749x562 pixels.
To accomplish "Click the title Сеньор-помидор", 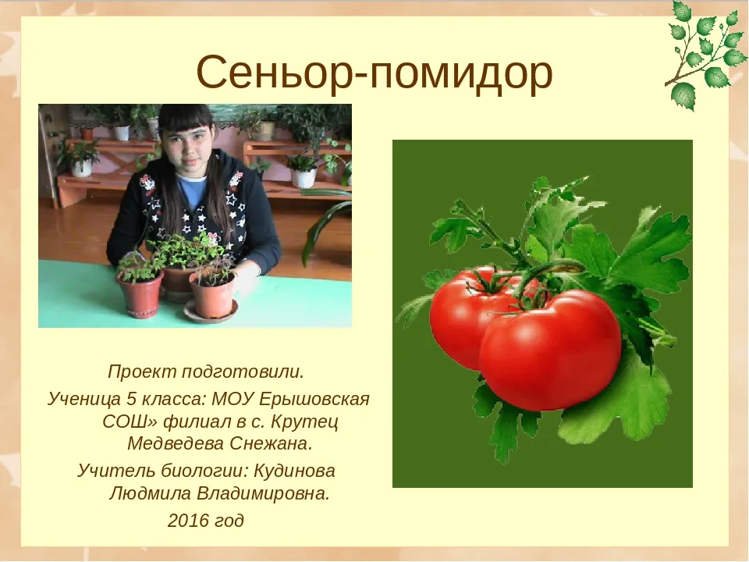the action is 374,73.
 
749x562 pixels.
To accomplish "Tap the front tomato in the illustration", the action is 550,350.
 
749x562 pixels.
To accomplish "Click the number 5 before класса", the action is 131,399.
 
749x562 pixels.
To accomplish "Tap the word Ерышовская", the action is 314,399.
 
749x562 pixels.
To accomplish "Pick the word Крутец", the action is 305,421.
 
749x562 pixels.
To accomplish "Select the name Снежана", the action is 271,444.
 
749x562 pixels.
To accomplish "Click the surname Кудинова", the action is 294,471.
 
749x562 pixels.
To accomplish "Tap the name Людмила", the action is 150,493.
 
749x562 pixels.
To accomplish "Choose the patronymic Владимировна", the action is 263,493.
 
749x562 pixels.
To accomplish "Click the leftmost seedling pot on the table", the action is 140,293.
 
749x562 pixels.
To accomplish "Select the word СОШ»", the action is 130,421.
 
